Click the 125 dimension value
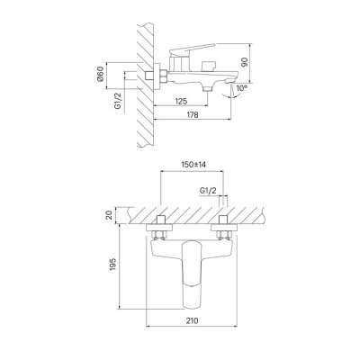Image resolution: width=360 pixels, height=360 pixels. (x=181, y=101)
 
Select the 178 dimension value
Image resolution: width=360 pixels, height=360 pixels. (x=192, y=114)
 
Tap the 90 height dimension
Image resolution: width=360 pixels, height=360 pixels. (x=245, y=63)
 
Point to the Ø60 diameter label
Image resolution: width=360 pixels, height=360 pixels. (x=101, y=74)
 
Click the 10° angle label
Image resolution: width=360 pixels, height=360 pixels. (x=241, y=88)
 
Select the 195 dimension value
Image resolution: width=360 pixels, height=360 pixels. (x=112, y=265)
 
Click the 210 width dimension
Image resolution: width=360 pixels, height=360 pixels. (x=192, y=320)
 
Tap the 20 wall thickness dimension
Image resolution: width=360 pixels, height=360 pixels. (x=109, y=215)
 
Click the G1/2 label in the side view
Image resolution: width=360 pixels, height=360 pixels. (x=119, y=101)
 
